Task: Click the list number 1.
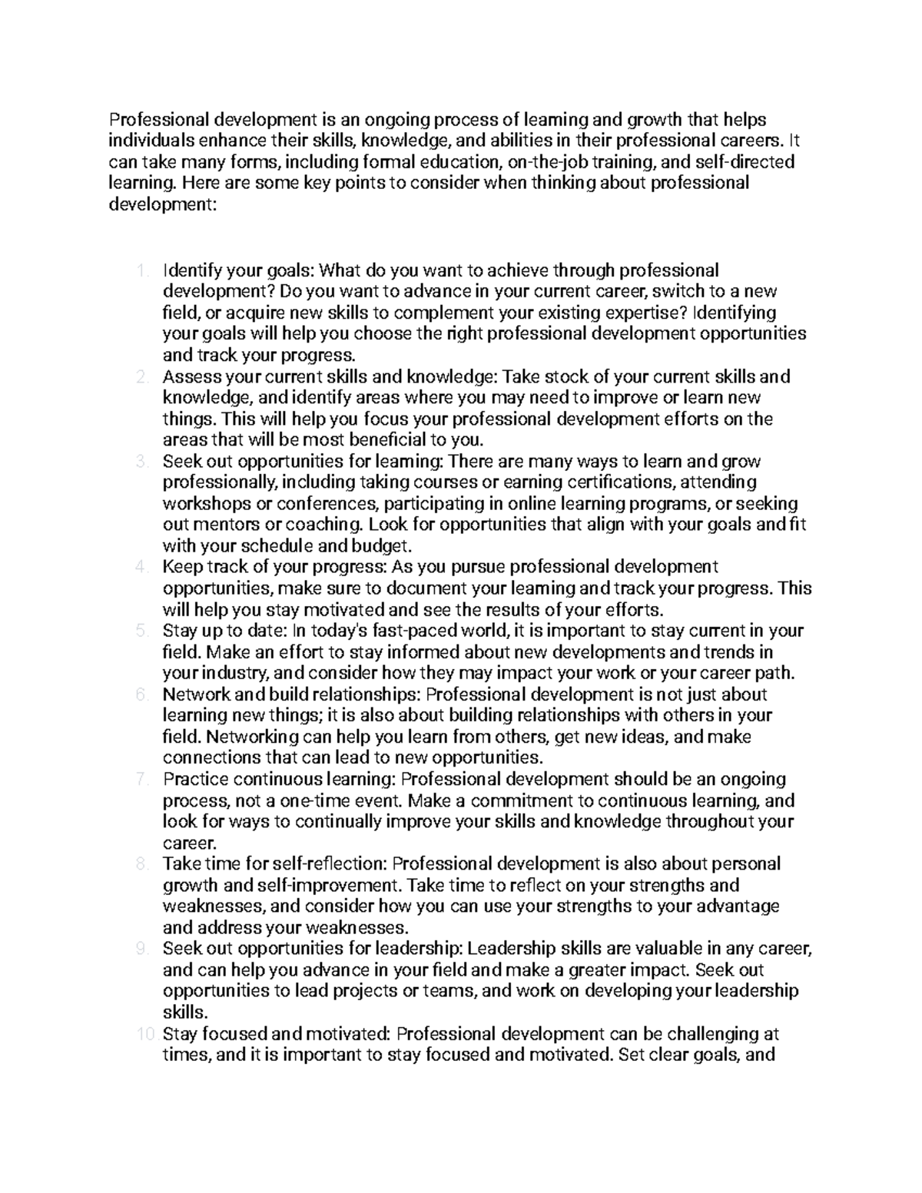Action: (x=140, y=270)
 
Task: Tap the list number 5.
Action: (x=141, y=631)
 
